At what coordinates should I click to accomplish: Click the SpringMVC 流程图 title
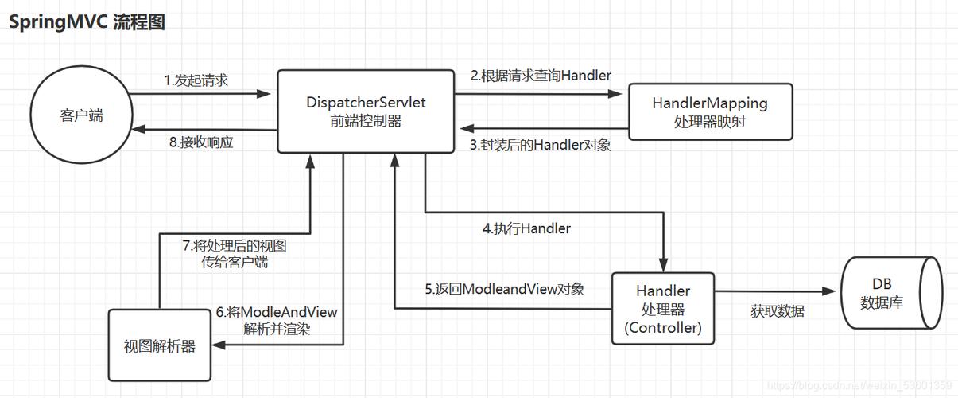pyautogui.click(x=87, y=21)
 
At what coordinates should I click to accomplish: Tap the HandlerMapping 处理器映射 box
pyautogui.click(x=710, y=112)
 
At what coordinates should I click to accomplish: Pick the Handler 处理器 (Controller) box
pyautogui.click(x=662, y=308)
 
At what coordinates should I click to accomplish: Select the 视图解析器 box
pyautogui.click(x=159, y=346)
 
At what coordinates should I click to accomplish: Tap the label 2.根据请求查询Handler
pyautogui.click(x=541, y=76)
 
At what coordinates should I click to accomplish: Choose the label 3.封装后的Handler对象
pyautogui.click(x=541, y=145)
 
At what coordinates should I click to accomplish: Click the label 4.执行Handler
pyautogui.click(x=526, y=228)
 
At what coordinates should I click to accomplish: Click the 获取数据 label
pyautogui.click(x=777, y=311)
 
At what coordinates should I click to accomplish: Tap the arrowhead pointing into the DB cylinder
pyautogui.click(x=834, y=291)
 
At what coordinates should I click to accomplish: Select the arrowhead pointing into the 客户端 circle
pyautogui.click(x=138, y=128)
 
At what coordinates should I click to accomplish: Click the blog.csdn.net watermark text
pyautogui.click(x=859, y=385)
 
